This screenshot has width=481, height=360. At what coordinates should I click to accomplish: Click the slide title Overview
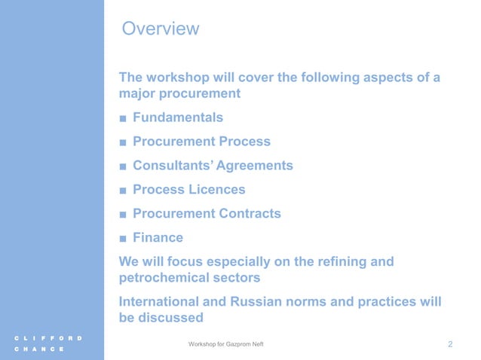coord(160,29)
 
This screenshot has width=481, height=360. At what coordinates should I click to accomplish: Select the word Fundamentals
coord(178,117)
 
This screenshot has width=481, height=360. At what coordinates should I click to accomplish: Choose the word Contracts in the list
coord(250,214)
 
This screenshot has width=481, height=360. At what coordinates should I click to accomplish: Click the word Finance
coord(158,238)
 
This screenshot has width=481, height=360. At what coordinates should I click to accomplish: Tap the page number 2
coord(450,344)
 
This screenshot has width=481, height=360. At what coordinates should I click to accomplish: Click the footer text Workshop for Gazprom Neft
coord(227,344)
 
